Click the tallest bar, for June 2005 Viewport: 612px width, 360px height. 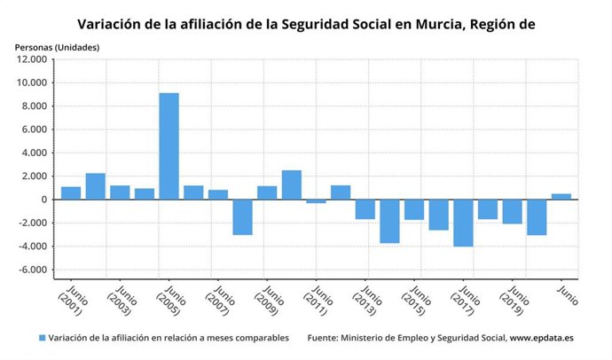coord(169,146)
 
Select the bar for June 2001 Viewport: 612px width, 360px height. coord(71,193)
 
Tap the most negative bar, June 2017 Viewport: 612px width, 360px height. coord(463,223)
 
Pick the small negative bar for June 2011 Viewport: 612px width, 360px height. coord(316,201)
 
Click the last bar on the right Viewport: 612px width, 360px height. coord(561,196)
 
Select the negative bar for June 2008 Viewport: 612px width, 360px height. coord(242,217)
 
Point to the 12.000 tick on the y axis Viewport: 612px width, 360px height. coord(29,59)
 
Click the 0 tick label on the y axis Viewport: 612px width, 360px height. coord(43,200)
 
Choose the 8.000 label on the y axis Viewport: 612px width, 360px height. coord(32,106)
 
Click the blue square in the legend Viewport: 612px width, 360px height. coord(42,338)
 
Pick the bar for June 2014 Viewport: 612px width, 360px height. coord(389,221)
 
